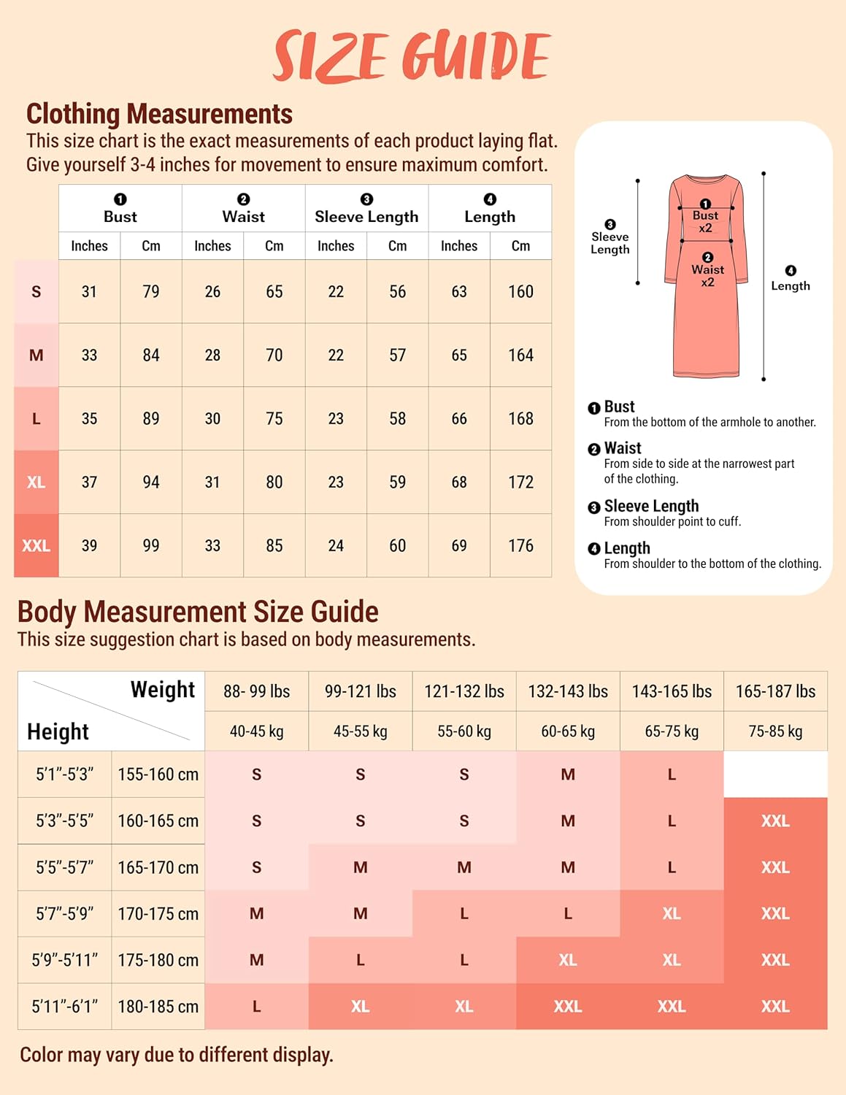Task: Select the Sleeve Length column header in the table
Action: (366, 216)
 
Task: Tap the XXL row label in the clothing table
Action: (36, 545)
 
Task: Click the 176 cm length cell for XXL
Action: (520, 545)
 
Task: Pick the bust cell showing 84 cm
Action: (151, 355)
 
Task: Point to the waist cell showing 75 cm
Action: (274, 418)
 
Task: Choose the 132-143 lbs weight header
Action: (568, 691)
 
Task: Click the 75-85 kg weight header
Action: (775, 731)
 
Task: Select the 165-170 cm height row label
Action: (158, 867)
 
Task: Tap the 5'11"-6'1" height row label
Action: (65, 1006)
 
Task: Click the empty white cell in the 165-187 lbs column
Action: (775, 774)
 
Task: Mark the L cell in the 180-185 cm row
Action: (256, 1006)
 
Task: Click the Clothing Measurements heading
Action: (159, 114)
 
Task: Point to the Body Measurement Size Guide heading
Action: (198, 612)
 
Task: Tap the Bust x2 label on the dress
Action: (705, 221)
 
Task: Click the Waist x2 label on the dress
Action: (707, 275)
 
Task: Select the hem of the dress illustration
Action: (706, 373)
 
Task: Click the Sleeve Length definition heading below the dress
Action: (651, 506)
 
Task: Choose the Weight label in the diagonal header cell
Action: (162, 690)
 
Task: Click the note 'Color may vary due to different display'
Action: (176, 1055)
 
